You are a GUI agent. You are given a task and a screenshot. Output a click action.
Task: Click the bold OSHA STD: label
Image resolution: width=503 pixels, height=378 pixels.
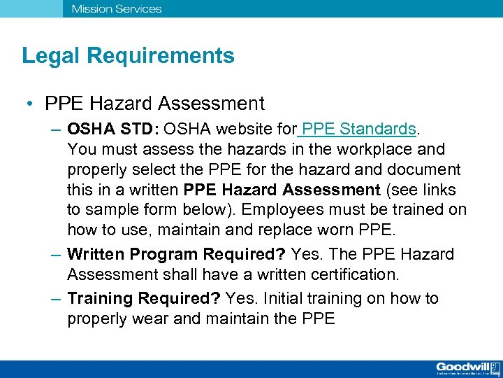[115, 129]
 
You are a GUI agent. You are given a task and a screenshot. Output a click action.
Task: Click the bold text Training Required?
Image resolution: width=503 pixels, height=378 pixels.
[144, 299]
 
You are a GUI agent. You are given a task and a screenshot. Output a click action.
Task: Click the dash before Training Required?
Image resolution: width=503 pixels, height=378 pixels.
[57, 299]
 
